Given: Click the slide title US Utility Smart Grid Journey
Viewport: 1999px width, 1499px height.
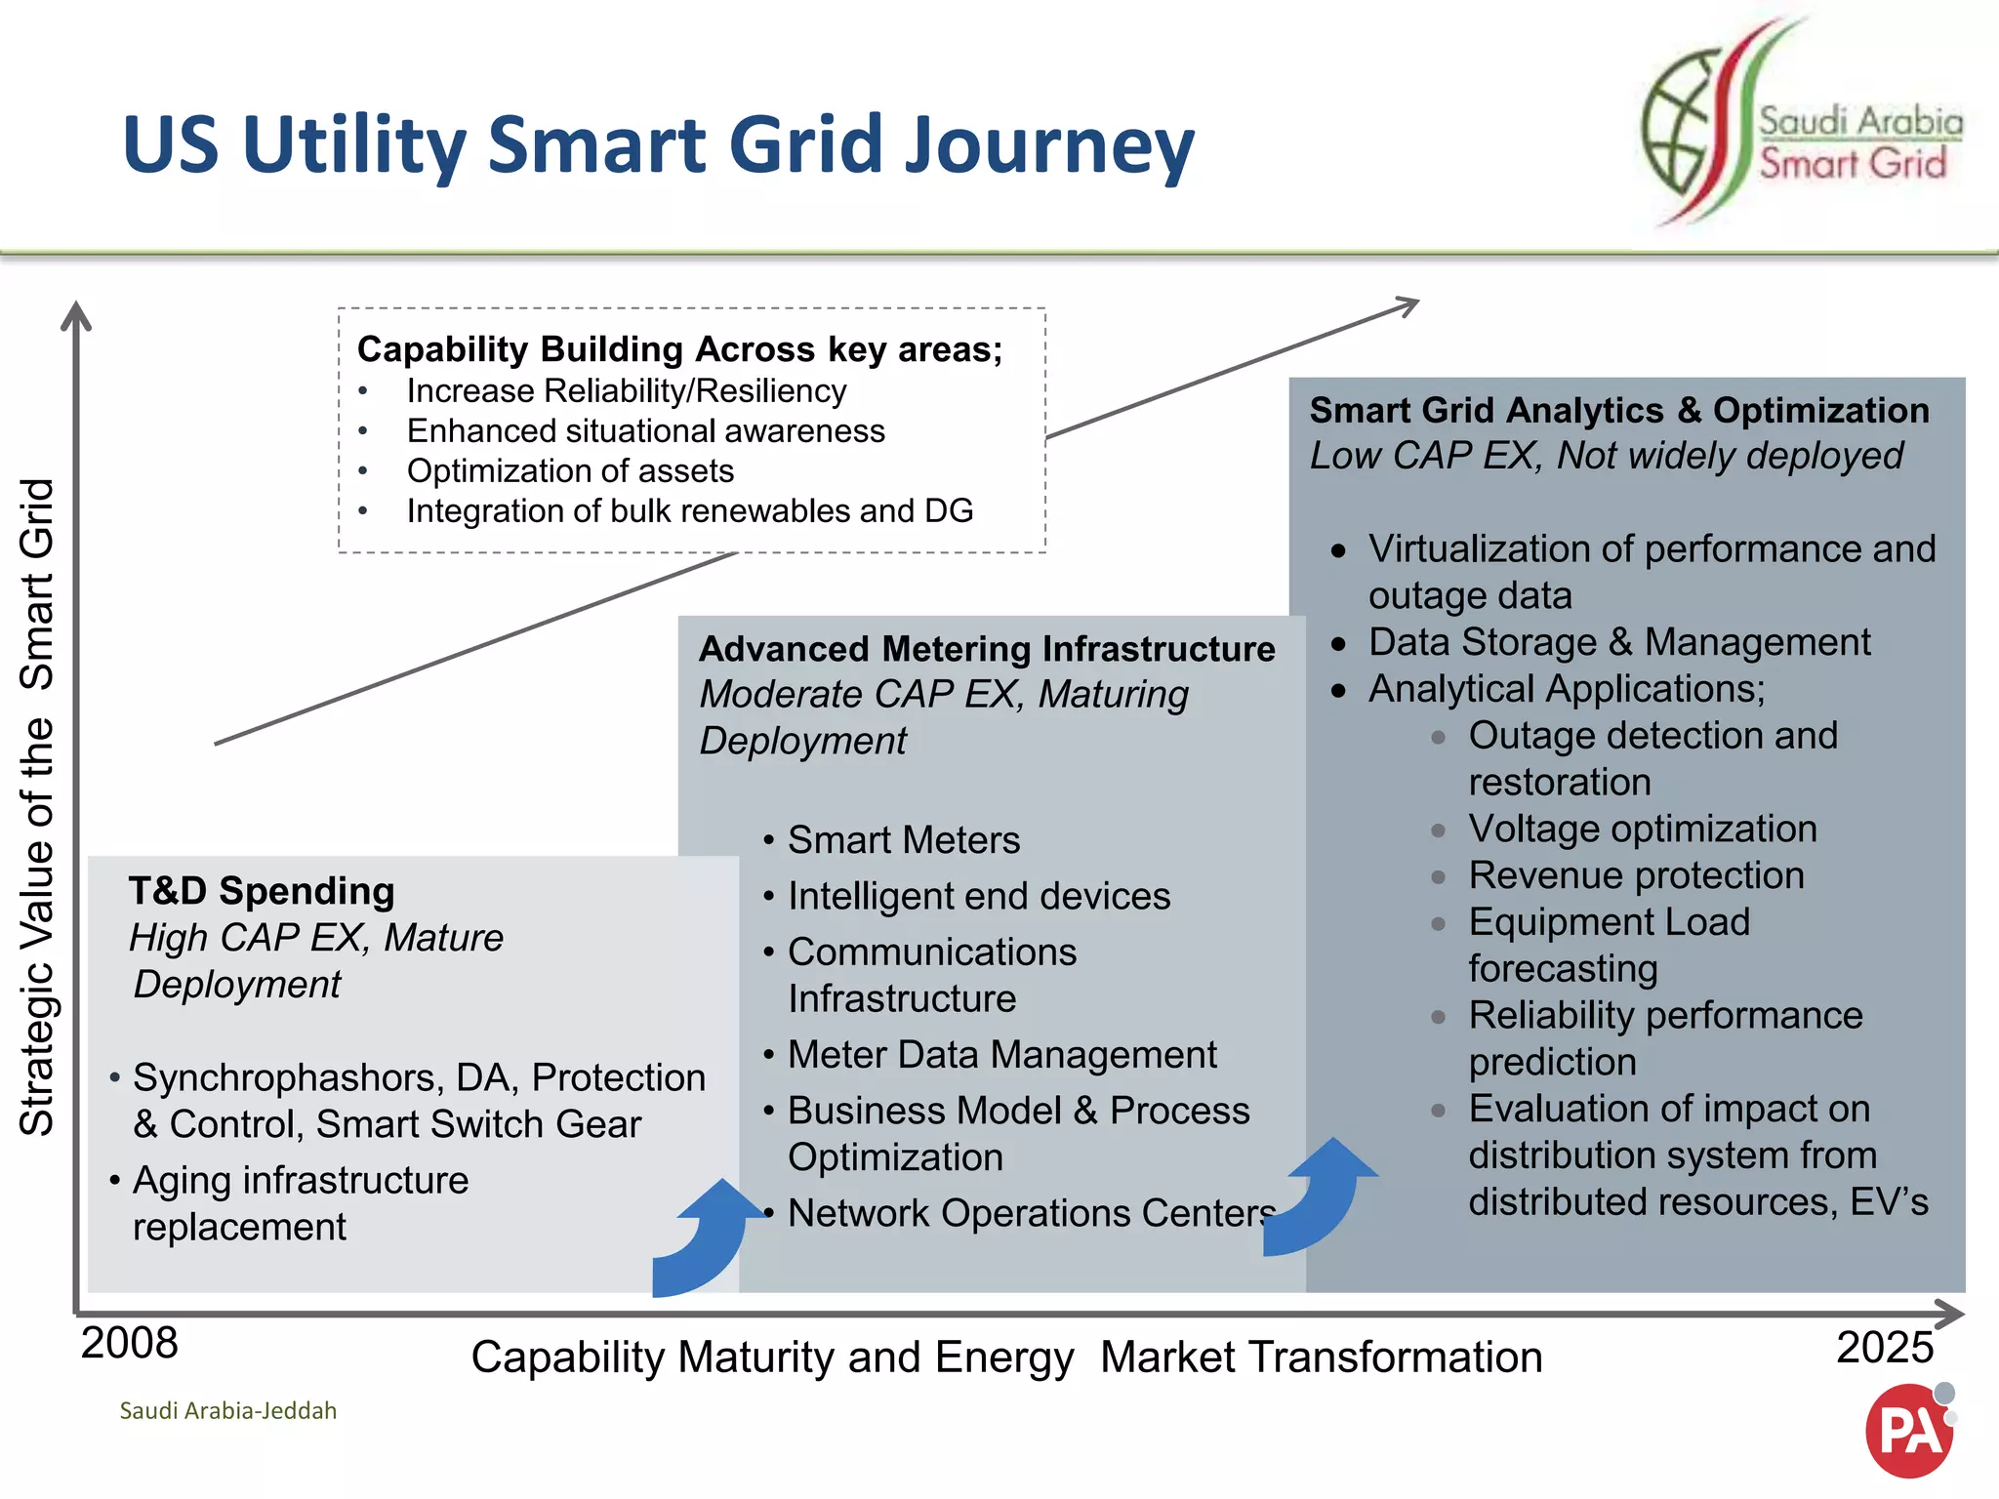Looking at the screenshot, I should [658, 144].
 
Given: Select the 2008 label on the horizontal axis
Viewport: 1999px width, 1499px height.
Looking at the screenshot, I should [129, 1344].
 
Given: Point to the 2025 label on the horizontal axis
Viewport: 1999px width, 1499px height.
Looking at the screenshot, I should [1884, 1348].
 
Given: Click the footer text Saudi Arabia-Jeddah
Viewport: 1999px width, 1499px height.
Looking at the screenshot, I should [227, 1410].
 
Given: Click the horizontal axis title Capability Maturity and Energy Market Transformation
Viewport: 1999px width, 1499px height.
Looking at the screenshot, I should [1005, 1357].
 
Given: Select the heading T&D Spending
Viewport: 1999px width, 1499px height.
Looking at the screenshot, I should [262, 891].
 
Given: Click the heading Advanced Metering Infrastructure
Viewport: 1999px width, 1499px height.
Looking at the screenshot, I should [987, 649].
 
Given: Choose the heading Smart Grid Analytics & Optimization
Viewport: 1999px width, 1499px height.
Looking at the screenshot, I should [1618, 411].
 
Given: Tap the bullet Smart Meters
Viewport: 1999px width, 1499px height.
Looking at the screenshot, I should [903, 840].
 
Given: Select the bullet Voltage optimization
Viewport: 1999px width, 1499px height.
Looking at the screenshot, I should [1642, 829].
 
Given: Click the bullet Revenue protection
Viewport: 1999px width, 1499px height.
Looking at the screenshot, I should [1636, 875].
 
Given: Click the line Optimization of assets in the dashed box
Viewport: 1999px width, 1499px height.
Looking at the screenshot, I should [570, 471].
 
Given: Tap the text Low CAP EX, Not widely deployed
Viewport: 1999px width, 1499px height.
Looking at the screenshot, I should [1606, 456].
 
